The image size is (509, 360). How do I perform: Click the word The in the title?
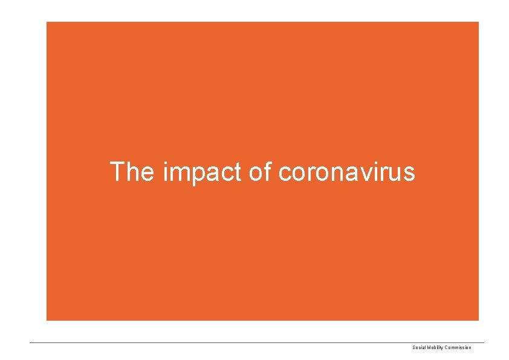[x=132, y=172]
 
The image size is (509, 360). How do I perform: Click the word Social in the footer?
[x=418, y=347]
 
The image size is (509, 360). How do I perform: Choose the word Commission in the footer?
[x=459, y=347]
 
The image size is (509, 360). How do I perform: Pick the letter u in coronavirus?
[x=395, y=174]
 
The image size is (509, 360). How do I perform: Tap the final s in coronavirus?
[x=409, y=174]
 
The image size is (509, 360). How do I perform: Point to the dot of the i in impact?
[x=166, y=163]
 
